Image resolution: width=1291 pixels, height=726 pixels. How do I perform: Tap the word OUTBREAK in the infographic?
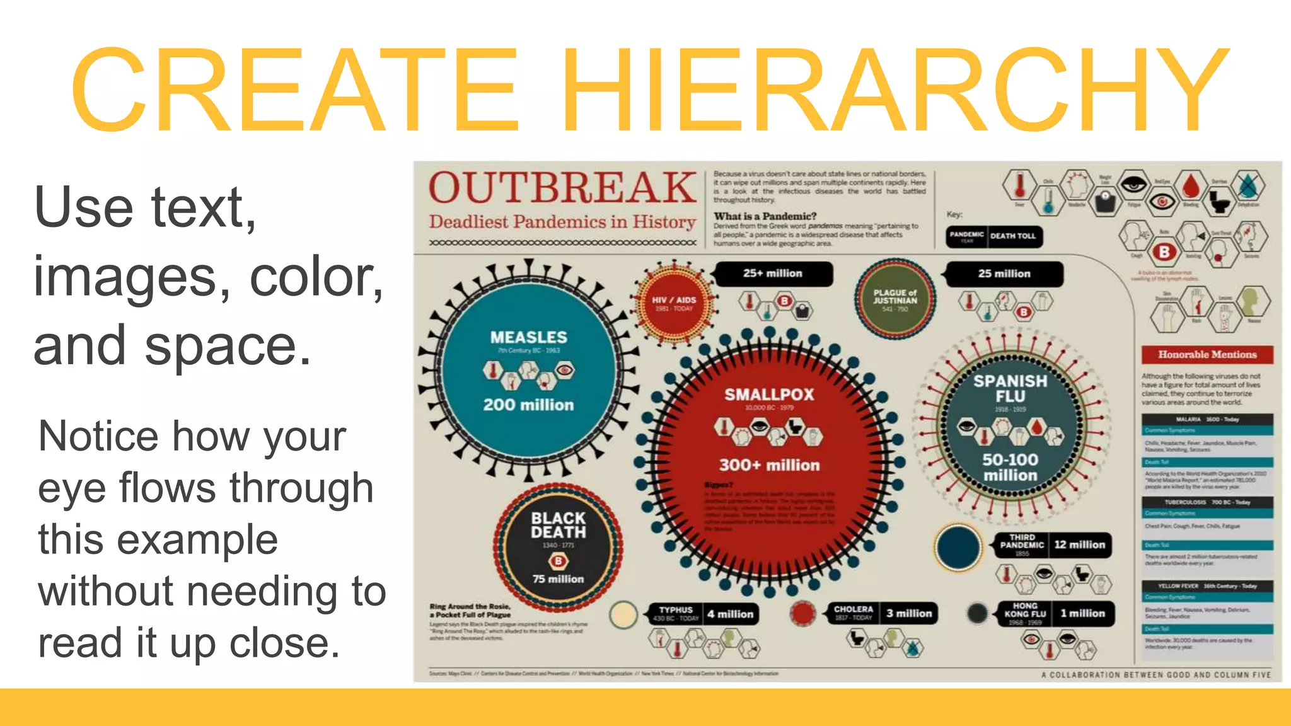coord(562,188)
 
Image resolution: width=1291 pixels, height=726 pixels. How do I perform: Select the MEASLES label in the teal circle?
coord(528,338)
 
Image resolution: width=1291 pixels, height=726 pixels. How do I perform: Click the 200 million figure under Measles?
coord(528,405)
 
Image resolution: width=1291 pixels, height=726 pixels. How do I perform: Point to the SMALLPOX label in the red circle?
coord(769,395)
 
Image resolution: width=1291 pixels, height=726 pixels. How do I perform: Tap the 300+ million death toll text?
coord(769,465)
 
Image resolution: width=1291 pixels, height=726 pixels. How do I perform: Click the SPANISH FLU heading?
coord(1010,388)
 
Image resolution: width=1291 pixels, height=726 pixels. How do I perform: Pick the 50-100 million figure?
coord(1010,467)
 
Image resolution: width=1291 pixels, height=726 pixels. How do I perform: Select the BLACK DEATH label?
coord(558,525)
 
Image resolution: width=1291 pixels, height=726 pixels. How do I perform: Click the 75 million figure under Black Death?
coord(558,579)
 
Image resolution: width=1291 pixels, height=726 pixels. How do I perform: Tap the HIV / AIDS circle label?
coord(674,301)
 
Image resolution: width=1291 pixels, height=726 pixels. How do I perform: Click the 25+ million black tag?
coord(772,274)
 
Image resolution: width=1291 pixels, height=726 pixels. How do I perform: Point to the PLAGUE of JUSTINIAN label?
coord(894,296)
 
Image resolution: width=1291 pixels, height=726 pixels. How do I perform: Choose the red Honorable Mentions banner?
coord(1207,354)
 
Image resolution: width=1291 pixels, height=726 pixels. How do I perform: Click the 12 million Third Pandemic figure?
coord(1079,544)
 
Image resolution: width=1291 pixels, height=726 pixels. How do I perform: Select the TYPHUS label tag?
coord(676,610)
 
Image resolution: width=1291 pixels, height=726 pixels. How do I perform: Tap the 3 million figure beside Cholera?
coord(908,613)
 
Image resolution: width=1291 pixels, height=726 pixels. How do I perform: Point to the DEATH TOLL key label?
coord(1012,236)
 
